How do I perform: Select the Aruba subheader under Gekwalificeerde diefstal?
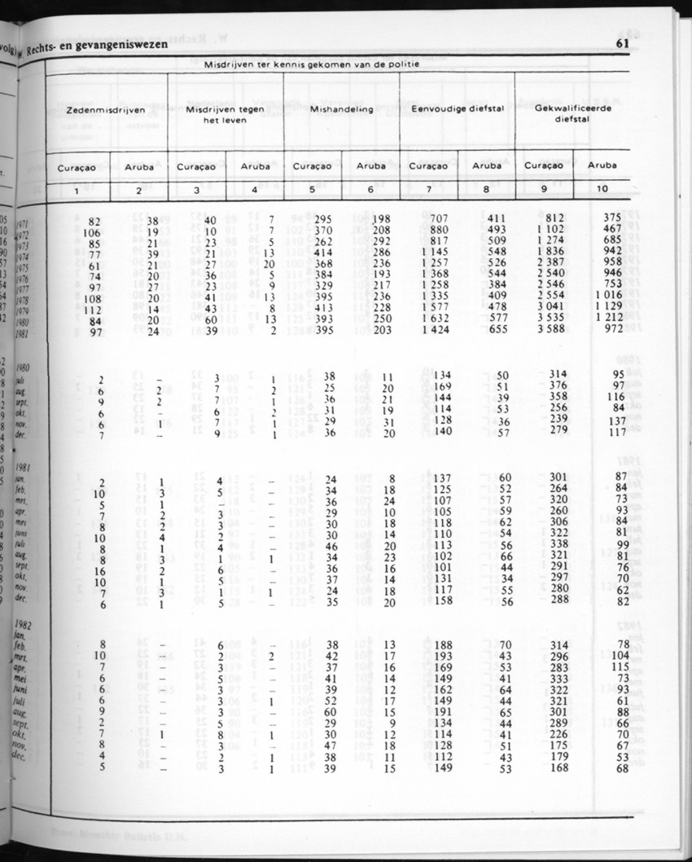[602, 165]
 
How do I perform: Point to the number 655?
[497, 331]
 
